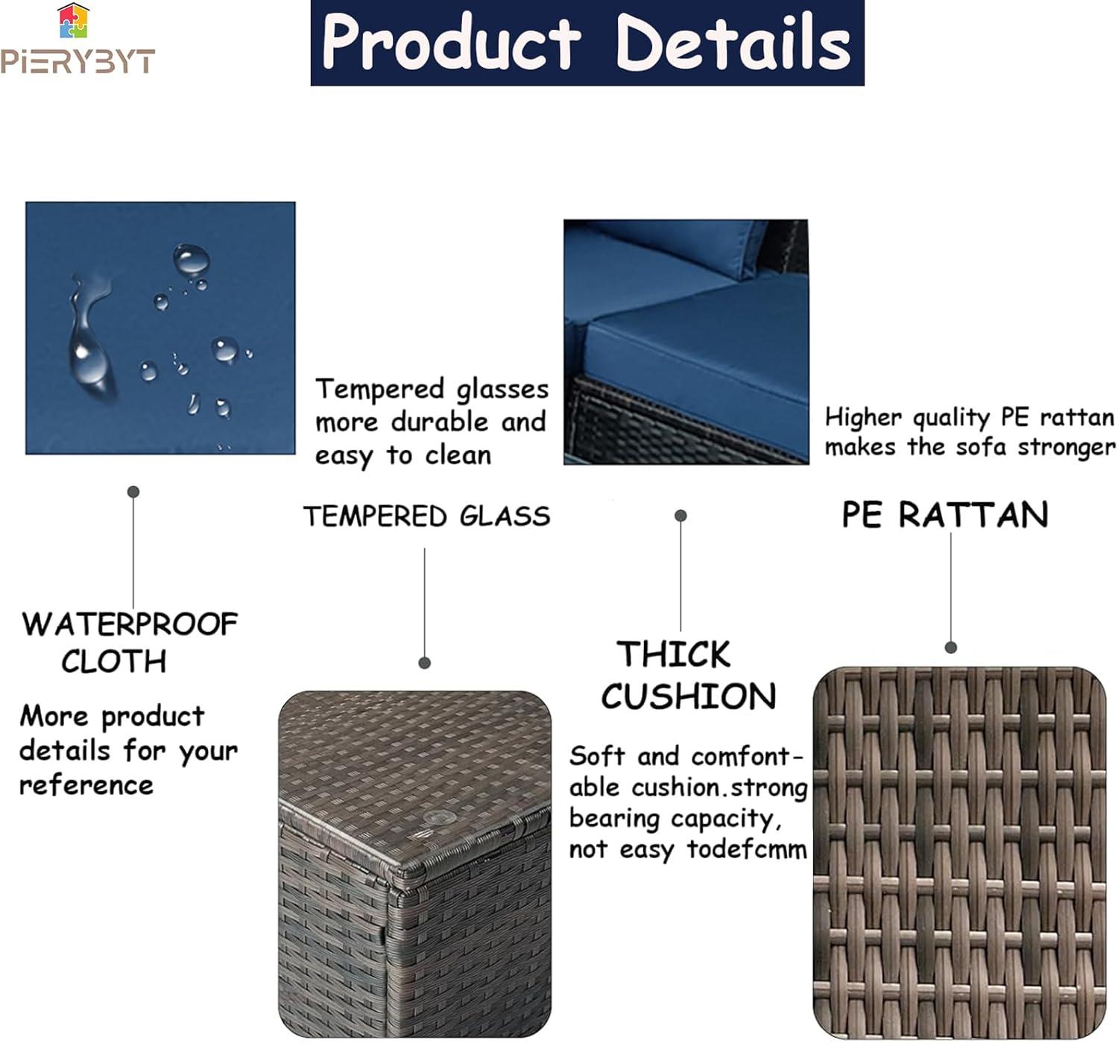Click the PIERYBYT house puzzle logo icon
coord(74,21)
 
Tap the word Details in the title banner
coord(733,42)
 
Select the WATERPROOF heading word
coord(130,624)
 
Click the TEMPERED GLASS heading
coord(427,516)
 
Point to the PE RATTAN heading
coord(944,515)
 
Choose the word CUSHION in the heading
coord(689,697)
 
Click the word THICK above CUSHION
coord(673,654)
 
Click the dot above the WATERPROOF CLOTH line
coord(133,492)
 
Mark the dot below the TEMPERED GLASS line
coord(425,663)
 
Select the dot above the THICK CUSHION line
coord(680,516)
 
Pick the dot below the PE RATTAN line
coord(951,648)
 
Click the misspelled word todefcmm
coord(747,849)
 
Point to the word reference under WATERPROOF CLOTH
coord(86,786)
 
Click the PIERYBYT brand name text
coord(78,61)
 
